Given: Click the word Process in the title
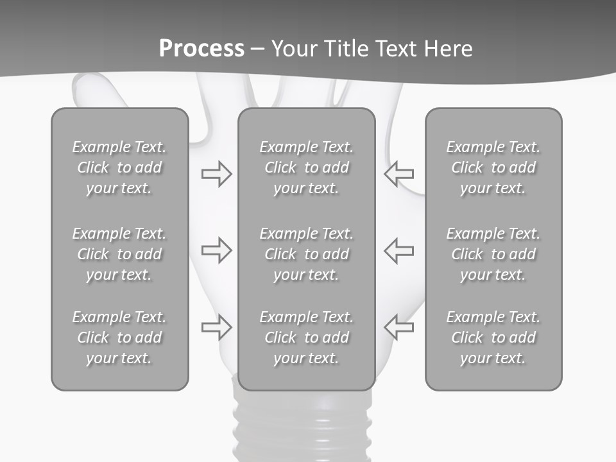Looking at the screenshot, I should tap(201, 49).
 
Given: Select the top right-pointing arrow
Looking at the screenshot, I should tap(216, 173).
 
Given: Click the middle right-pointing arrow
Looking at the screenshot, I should tap(216, 250).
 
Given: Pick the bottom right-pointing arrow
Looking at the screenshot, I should tap(216, 327).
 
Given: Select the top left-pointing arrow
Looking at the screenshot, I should tap(399, 173).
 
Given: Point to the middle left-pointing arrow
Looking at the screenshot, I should tap(399, 250).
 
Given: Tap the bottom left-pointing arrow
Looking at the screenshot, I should tap(399, 327).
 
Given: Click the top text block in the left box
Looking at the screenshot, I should tap(119, 167).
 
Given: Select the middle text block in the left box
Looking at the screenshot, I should tap(119, 254).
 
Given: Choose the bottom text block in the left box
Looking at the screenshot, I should tap(119, 338).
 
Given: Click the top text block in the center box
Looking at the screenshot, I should tap(306, 167).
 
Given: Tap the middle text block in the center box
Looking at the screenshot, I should tap(306, 254).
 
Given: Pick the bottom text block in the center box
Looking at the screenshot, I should tap(306, 338).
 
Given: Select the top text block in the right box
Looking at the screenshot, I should tap(493, 167).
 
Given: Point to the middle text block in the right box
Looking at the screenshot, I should tap(493, 254).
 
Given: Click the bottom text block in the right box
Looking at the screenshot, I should tap(493, 338).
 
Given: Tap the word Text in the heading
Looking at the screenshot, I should tap(394, 49).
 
